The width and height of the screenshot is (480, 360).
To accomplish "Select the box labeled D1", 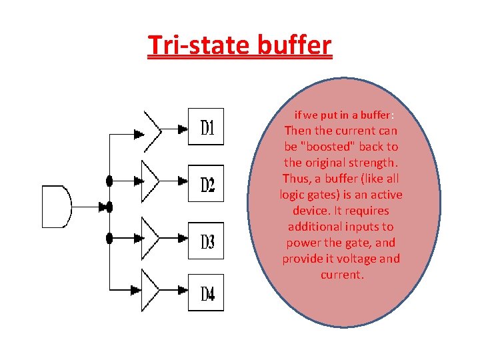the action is [x=206, y=127].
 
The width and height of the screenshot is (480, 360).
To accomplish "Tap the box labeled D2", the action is [x=206, y=183].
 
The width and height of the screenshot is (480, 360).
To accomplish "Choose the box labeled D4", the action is [x=206, y=292].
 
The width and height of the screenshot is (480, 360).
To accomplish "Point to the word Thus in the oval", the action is [x=296, y=179].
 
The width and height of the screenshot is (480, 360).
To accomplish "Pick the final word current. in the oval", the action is [x=342, y=275].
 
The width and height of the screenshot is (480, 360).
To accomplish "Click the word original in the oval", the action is [x=325, y=163].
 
